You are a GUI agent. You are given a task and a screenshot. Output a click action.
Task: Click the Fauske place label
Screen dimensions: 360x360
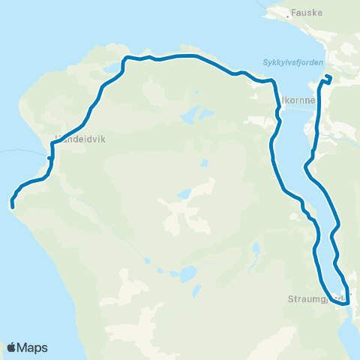click(x=306, y=12)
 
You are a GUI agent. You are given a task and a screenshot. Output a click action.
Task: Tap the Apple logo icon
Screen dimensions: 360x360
click(x=12, y=347)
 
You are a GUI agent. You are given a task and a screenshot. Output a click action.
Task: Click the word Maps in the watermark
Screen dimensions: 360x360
click(x=33, y=347)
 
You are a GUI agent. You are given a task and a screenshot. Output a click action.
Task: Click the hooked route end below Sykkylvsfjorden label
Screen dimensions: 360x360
click(x=327, y=79)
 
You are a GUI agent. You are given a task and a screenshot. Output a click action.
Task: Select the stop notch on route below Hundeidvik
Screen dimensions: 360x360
click(x=49, y=157)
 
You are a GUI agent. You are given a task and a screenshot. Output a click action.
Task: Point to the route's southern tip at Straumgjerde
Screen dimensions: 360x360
click(x=342, y=304)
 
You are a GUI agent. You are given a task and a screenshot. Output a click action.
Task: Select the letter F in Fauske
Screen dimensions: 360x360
click(x=293, y=12)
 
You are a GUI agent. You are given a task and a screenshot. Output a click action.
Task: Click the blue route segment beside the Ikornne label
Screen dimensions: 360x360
click(x=279, y=105)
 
